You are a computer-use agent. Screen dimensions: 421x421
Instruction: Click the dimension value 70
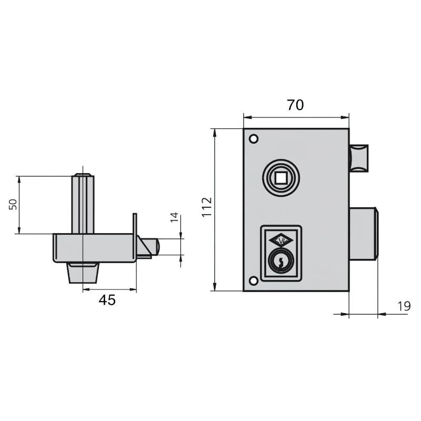(295, 105)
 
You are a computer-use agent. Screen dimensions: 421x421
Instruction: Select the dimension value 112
(206, 207)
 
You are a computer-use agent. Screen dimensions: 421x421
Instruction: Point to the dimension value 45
(107, 300)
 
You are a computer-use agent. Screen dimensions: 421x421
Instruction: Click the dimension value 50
(13, 205)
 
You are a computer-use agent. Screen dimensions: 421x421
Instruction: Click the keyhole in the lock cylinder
(282, 260)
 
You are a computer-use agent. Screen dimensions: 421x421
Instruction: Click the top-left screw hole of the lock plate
(254, 139)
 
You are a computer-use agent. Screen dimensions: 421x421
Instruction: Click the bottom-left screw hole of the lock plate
(254, 280)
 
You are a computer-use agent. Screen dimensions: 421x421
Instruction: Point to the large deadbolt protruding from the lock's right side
(363, 233)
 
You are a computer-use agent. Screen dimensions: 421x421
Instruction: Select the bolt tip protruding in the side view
(152, 246)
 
